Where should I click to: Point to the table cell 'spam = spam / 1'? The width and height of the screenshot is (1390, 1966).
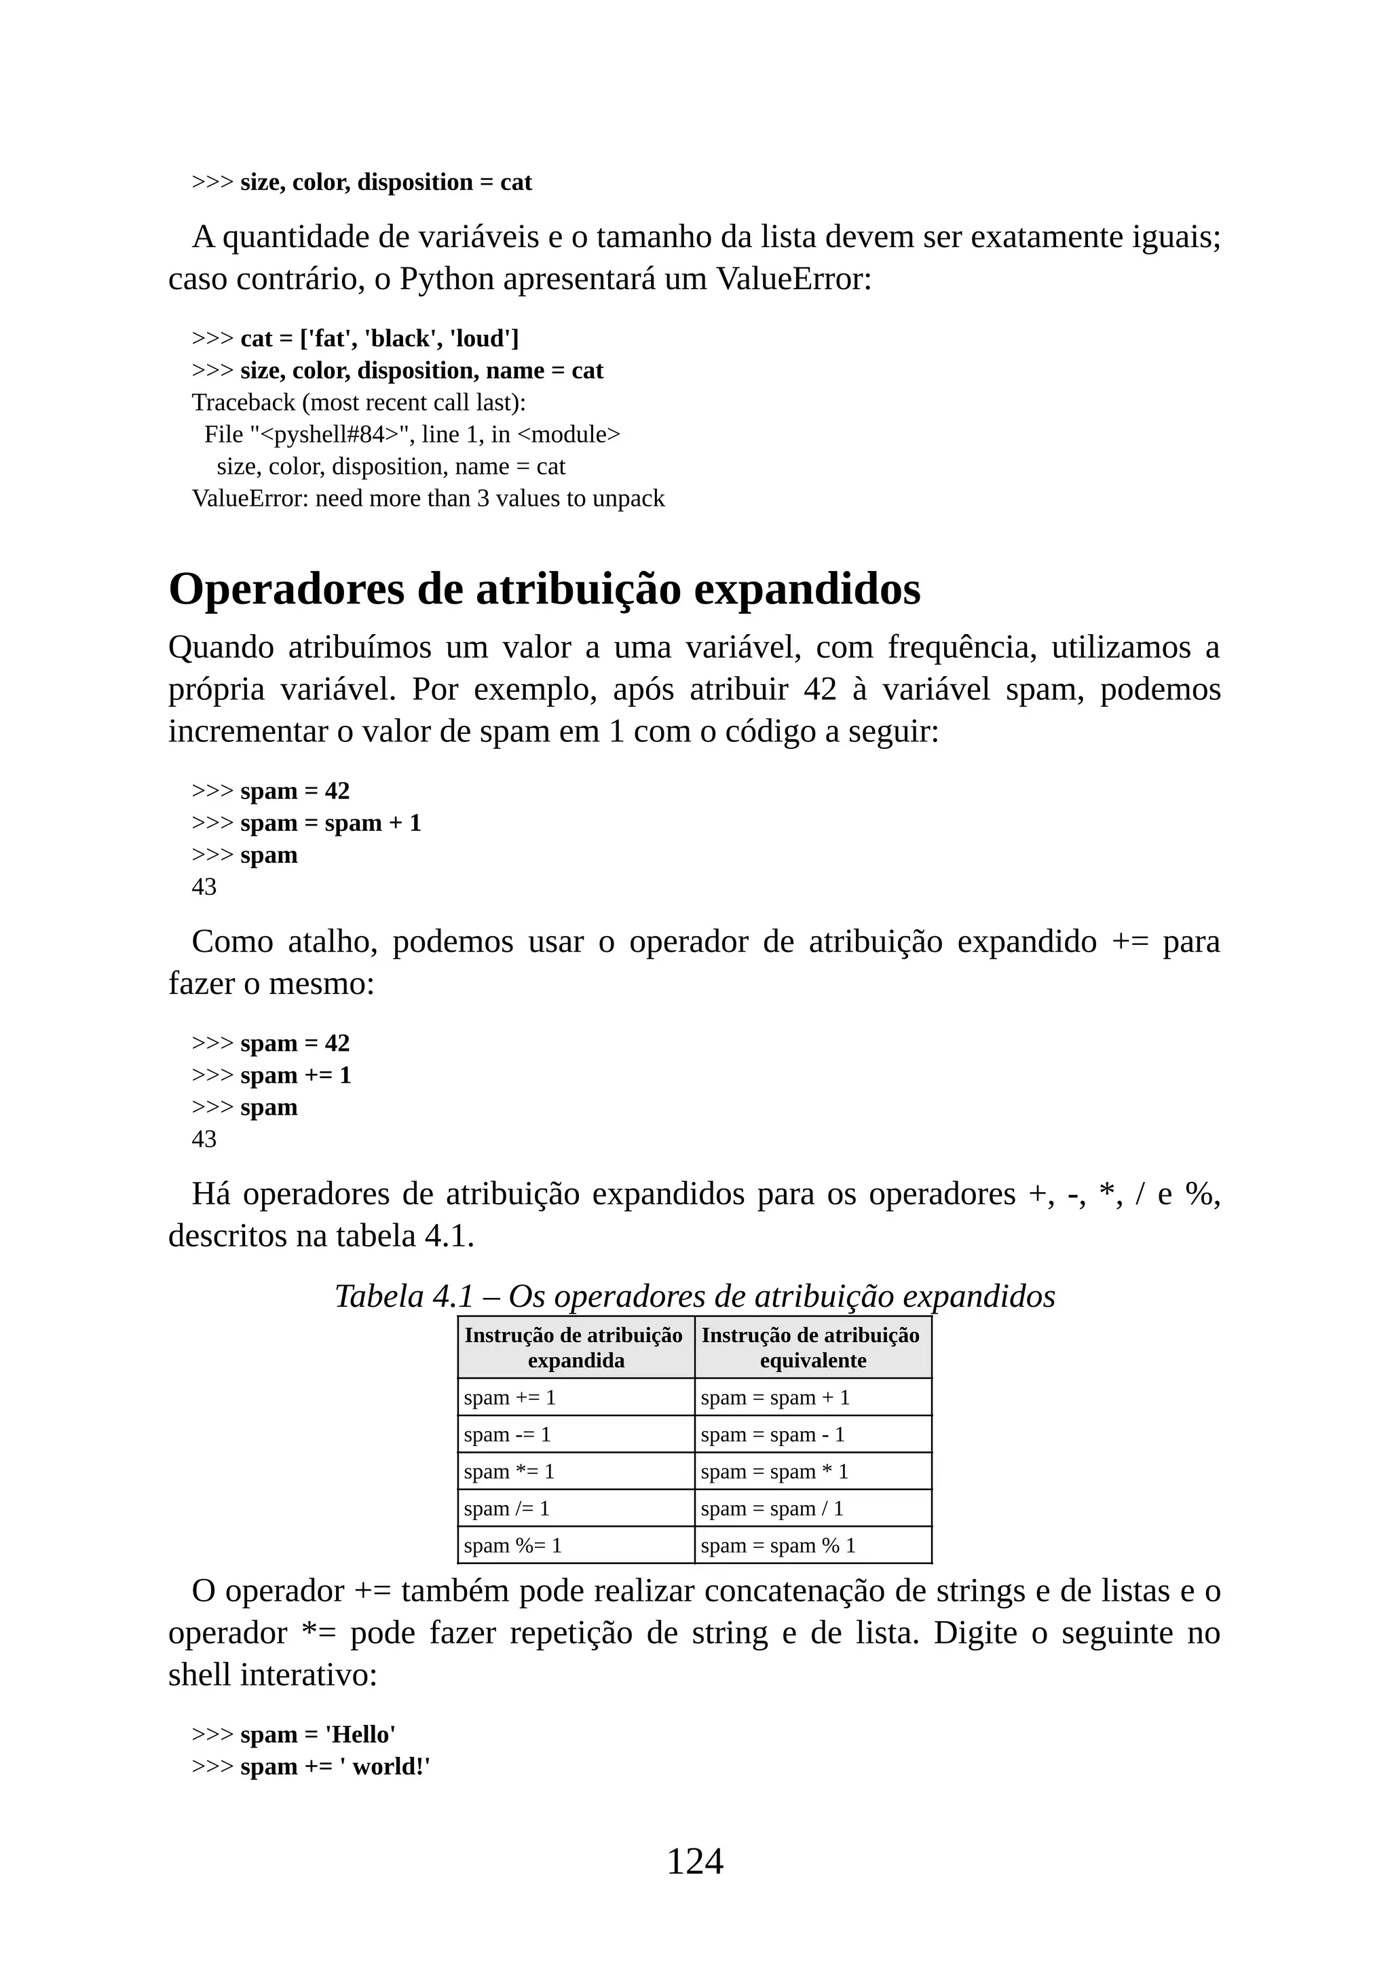point(772,1508)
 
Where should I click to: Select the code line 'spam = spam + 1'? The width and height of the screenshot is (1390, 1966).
point(331,823)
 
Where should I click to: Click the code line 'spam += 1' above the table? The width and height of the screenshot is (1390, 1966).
point(296,1075)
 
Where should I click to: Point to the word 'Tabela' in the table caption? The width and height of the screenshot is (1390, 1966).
point(379,1297)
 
